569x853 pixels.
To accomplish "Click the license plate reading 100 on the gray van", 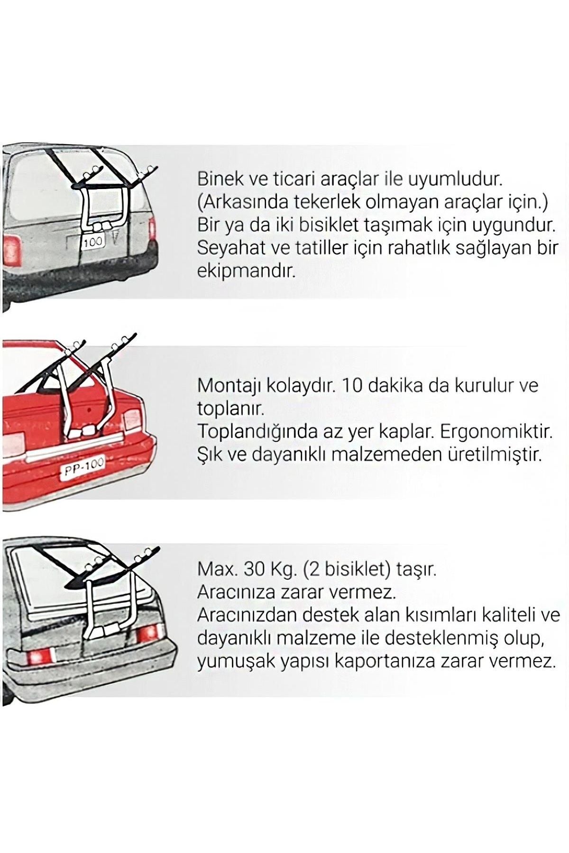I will [93, 242].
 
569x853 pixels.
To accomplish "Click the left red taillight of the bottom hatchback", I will [41, 656].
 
